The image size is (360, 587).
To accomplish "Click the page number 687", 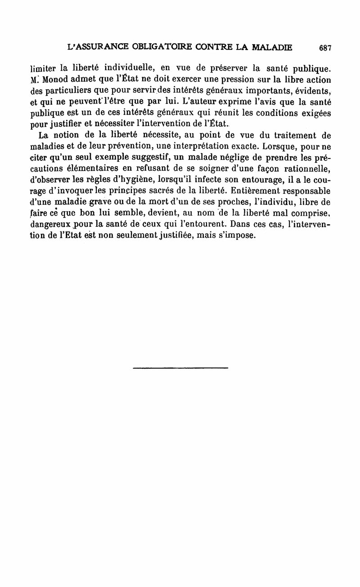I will [x=324, y=47].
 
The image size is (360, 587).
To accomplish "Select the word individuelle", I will [x=126, y=68].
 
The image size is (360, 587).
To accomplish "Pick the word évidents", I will [x=311, y=92].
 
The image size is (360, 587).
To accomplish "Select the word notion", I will [x=61, y=135].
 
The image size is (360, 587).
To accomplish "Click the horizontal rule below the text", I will [x=180, y=368].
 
